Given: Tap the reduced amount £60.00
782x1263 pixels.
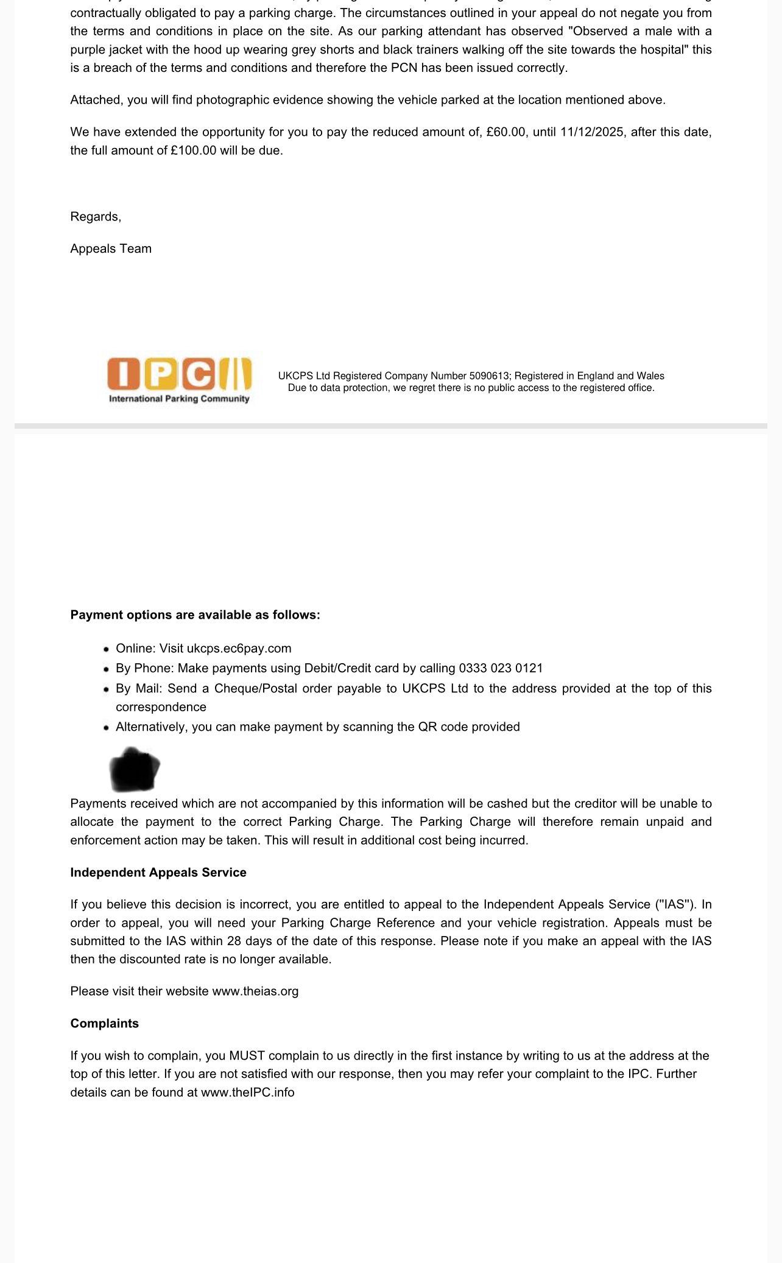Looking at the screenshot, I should click(505, 132).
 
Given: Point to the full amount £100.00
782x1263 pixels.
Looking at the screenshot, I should click(193, 150).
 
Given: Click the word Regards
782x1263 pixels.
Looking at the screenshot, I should click(95, 217).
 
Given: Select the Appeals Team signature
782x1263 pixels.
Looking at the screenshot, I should click(111, 248).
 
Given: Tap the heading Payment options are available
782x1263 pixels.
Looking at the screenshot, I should click(195, 615).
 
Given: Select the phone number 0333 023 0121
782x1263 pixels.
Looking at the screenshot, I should click(501, 668).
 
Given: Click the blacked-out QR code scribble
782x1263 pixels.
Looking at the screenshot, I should click(134, 769).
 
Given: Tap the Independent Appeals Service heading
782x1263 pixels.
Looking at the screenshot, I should click(158, 873).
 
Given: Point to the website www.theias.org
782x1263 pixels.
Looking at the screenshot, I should click(255, 991).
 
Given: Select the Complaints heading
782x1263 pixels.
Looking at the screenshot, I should click(104, 1024).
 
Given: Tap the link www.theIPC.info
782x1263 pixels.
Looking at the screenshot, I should click(247, 1092).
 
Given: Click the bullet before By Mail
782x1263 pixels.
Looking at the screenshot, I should click(107, 689).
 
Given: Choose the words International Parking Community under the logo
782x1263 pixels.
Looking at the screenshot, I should click(179, 399).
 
